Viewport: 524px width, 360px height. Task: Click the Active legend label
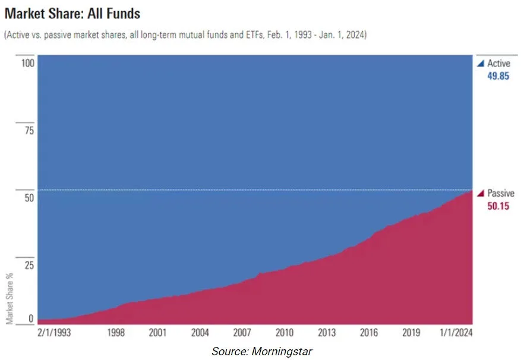tap(499, 64)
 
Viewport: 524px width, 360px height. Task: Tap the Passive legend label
tap(501, 194)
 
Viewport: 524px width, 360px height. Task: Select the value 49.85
tap(498, 76)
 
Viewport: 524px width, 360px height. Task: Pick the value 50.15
tap(498, 207)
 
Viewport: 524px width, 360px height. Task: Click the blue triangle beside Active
tap(481, 64)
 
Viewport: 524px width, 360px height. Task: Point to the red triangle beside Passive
tap(481, 194)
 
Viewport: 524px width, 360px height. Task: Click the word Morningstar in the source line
tap(280, 352)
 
